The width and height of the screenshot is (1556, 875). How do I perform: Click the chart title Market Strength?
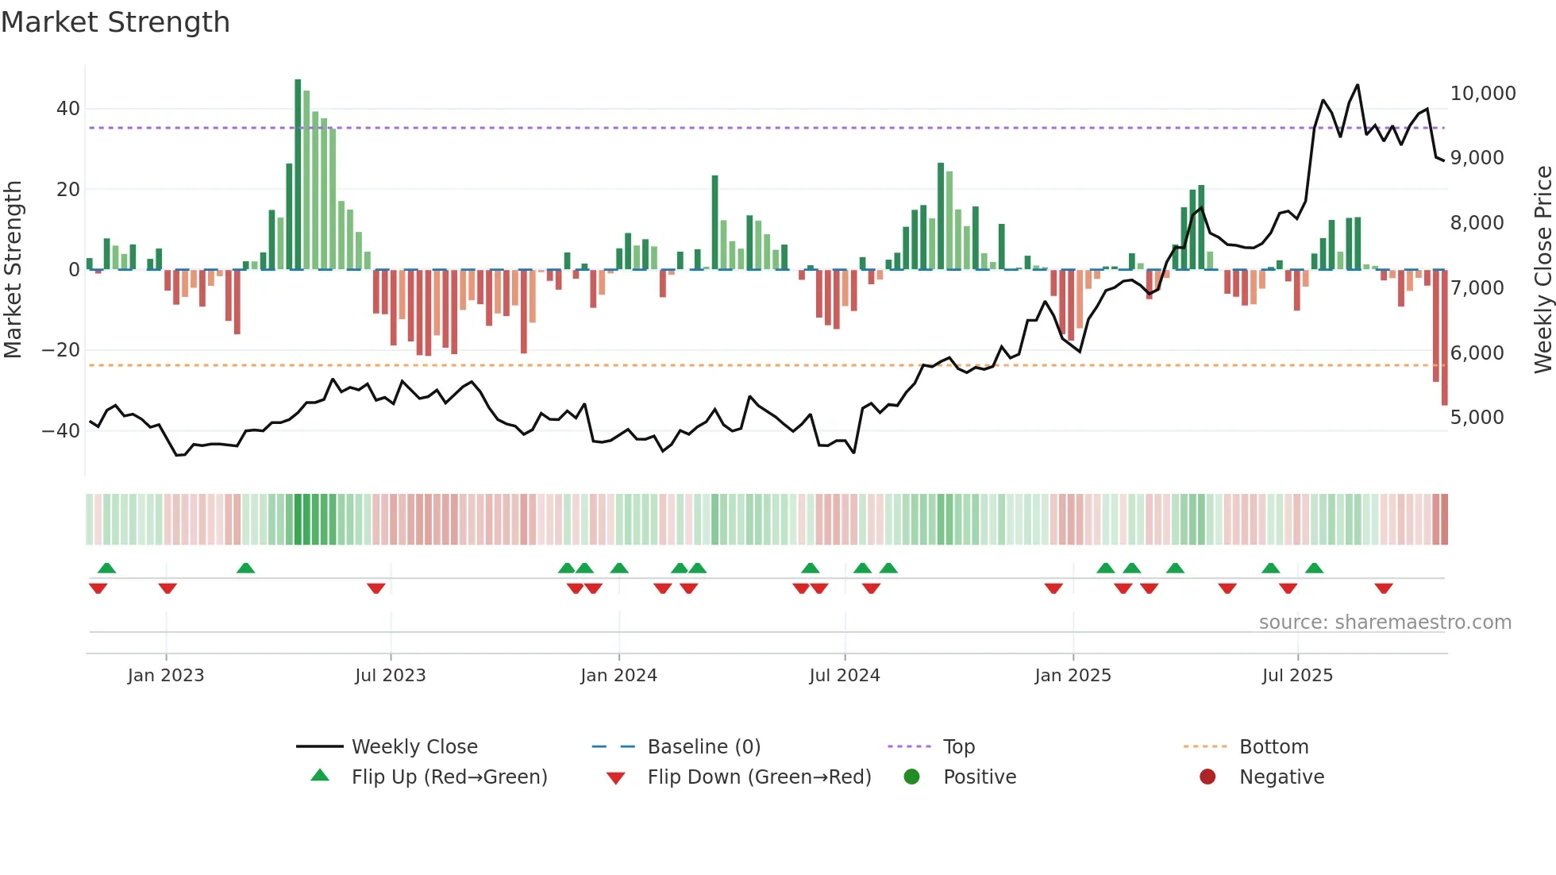(115, 22)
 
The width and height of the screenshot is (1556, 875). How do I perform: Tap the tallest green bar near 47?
(298, 175)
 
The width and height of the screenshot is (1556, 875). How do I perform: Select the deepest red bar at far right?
(1444, 337)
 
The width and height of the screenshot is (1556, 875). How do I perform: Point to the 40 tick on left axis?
(68, 109)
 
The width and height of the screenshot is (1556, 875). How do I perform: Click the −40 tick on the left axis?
(61, 431)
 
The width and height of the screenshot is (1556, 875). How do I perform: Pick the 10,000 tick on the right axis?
(1482, 94)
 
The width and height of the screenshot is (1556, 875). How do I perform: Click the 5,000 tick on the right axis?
(1477, 418)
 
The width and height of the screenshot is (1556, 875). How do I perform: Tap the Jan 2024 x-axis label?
(618, 676)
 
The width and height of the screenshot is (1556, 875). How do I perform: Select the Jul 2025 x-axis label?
(1297, 676)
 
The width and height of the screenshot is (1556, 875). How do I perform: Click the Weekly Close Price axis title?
(1543, 270)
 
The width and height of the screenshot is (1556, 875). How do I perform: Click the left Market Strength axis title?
(13, 270)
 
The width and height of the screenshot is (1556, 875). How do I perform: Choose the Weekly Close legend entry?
(414, 747)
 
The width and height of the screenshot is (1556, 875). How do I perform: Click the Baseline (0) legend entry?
(703, 747)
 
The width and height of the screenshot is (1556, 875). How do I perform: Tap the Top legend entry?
(958, 747)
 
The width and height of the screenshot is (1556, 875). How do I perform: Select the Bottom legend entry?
(1273, 747)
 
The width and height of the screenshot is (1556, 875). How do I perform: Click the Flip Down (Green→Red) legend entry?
(758, 777)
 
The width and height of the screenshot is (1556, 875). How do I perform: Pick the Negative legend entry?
(1281, 777)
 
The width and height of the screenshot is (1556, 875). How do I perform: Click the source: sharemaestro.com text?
(1385, 623)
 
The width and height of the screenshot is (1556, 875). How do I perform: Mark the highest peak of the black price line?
(1358, 85)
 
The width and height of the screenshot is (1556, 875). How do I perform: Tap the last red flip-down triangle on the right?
(1384, 588)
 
